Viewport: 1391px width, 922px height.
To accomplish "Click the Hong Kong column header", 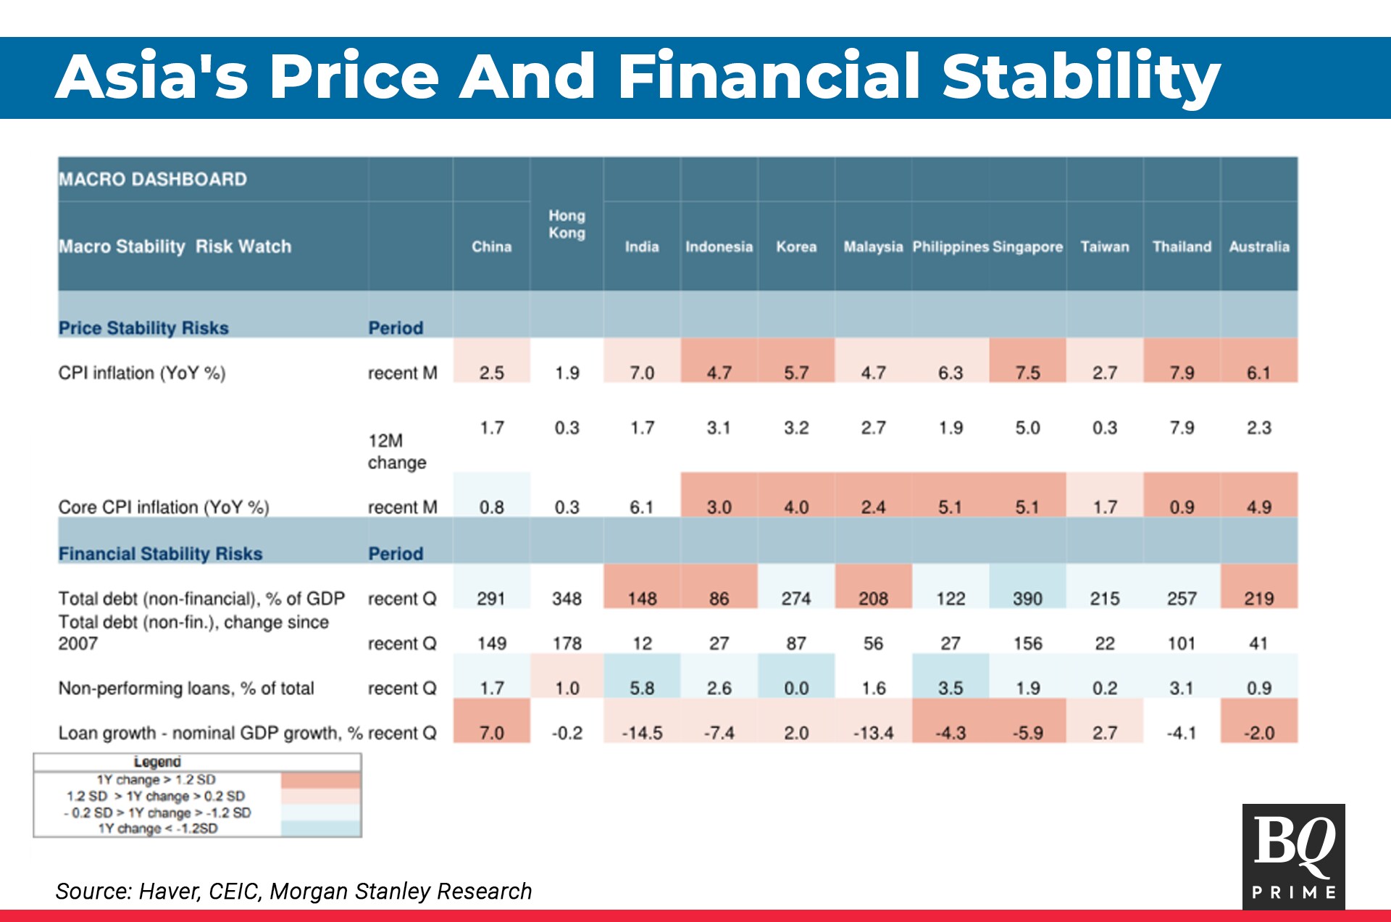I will pos(567,224).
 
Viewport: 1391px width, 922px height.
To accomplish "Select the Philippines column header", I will pos(950,246).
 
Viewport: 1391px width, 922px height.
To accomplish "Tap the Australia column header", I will pos(1259,246).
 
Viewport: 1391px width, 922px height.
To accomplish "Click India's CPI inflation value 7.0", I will pos(642,373).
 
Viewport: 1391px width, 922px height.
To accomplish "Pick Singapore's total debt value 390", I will pos(1027,599).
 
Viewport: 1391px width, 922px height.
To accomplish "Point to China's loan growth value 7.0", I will pos(492,733).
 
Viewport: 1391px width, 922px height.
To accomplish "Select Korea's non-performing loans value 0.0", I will pos(796,688).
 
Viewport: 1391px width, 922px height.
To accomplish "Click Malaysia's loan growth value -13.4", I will pos(873,733).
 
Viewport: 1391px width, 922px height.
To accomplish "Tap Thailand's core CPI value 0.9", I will pos(1182,507).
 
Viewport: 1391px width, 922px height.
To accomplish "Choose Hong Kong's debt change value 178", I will pos(567,643).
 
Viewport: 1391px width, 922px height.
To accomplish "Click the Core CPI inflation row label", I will pos(164,507).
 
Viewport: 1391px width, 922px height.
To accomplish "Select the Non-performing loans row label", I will pos(186,688).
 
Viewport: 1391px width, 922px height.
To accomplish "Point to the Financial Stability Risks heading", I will pos(160,554).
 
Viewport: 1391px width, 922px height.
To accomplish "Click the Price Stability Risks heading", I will pos(143,328).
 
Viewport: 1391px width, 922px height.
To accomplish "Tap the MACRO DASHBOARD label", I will pos(153,179).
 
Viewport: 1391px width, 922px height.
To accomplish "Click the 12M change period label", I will pos(396,451).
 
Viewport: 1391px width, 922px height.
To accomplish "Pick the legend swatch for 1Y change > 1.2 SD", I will pos(320,780).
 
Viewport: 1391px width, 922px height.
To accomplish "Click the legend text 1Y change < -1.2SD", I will pos(158,828).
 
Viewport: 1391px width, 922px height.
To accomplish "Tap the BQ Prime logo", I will pos(1293,856).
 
